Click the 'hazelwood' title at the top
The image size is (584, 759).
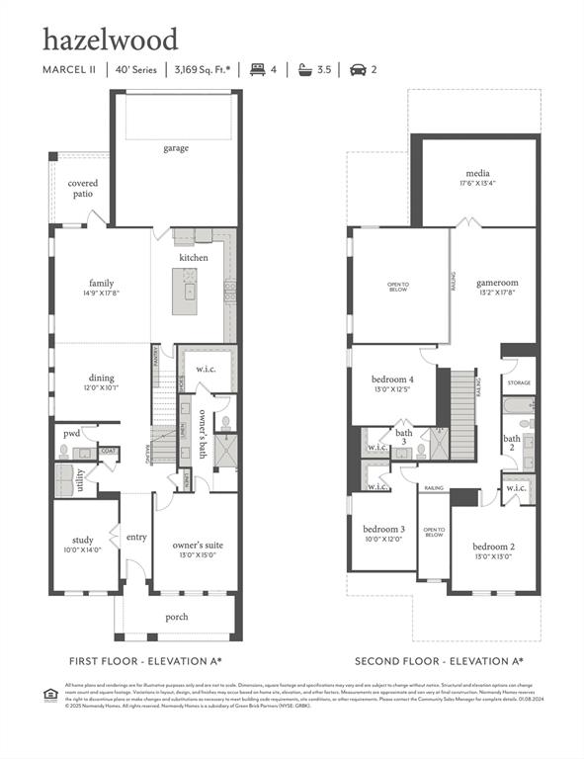tap(110, 40)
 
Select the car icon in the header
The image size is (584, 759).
tap(358, 70)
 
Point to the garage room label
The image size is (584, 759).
tap(176, 148)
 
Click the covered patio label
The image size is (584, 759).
tap(83, 189)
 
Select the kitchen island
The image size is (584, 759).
tap(184, 291)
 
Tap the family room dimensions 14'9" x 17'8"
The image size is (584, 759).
tap(102, 294)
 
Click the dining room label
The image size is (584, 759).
tap(101, 378)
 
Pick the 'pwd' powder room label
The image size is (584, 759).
tap(71, 432)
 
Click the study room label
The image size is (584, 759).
tap(83, 540)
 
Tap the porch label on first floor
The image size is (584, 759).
tap(176, 617)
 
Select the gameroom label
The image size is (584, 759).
tap(497, 282)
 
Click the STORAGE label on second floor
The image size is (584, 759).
tap(519, 381)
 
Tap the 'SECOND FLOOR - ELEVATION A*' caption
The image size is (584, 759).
tap(440, 661)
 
